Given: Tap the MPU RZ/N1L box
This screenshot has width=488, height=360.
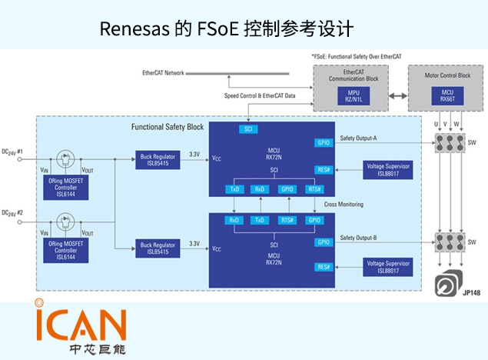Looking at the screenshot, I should pos(354,95).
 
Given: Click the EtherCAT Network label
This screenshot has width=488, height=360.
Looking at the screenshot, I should pos(163,73).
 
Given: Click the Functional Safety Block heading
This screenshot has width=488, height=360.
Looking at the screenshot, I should pos(168,126).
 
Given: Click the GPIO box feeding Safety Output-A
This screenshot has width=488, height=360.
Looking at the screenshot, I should pos(323,142).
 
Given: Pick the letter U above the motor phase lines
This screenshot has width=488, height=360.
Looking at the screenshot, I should pos(437,123).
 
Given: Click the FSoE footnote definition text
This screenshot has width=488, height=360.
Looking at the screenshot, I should pos(357,57).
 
